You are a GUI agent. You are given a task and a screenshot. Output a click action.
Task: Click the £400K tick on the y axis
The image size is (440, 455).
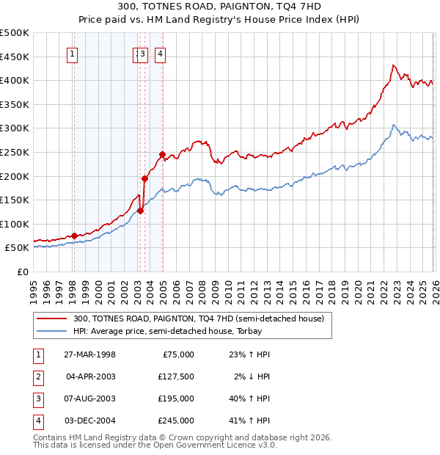pos(15,80)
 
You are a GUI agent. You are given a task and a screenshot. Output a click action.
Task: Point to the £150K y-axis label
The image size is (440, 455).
pos(15,200)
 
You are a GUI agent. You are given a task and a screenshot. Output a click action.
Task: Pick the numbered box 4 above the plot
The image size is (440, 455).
pos(160,53)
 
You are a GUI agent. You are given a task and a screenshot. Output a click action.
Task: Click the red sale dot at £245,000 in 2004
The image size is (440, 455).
pos(162,154)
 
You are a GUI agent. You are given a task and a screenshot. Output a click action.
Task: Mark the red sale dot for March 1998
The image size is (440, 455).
pos(75,236)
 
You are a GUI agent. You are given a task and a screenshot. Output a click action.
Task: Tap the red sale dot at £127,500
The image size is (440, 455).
pos(140,211)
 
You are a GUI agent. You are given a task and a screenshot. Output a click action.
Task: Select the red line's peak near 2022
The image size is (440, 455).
pos(393,65)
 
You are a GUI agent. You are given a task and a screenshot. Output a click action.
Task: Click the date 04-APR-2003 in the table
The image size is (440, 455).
pos(89,376)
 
